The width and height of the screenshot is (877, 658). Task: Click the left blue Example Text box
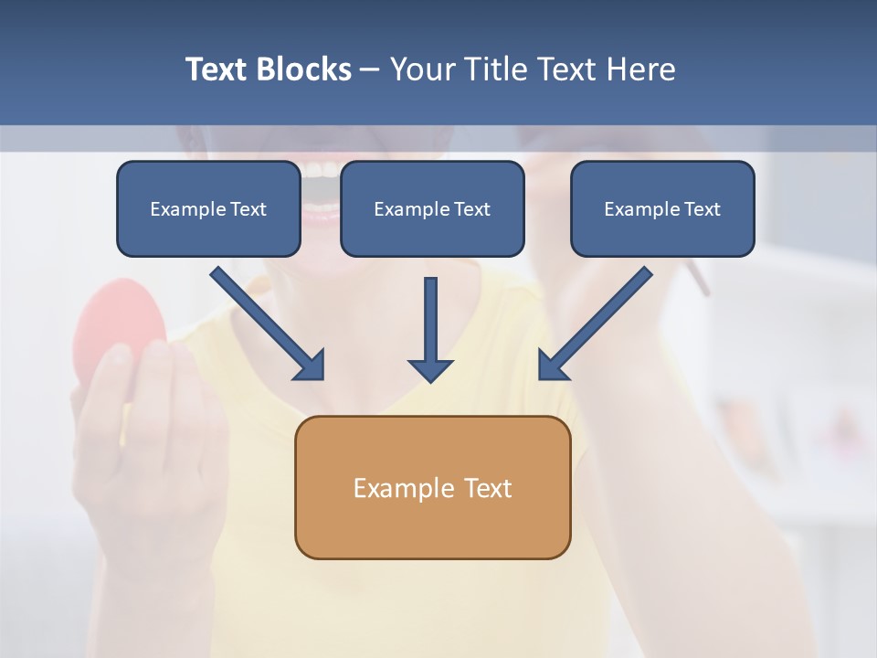click(x=208, y=208)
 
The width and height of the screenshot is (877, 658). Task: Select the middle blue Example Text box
click(x=432, y=208)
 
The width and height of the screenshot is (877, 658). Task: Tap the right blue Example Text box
click(x=662, y=208)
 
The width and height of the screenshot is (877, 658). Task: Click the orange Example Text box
click(x=433, y=487)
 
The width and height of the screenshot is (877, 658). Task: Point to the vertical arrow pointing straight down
click(x=430, y=329)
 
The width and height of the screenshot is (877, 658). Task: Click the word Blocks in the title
click(x=305, y=69)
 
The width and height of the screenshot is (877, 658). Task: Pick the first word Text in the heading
click(x=219, y=69)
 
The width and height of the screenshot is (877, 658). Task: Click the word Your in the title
click(x=423, y=69)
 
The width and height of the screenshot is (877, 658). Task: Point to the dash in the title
click(x=370, y=70)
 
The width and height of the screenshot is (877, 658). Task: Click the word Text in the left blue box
click(x=248, y=209)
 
